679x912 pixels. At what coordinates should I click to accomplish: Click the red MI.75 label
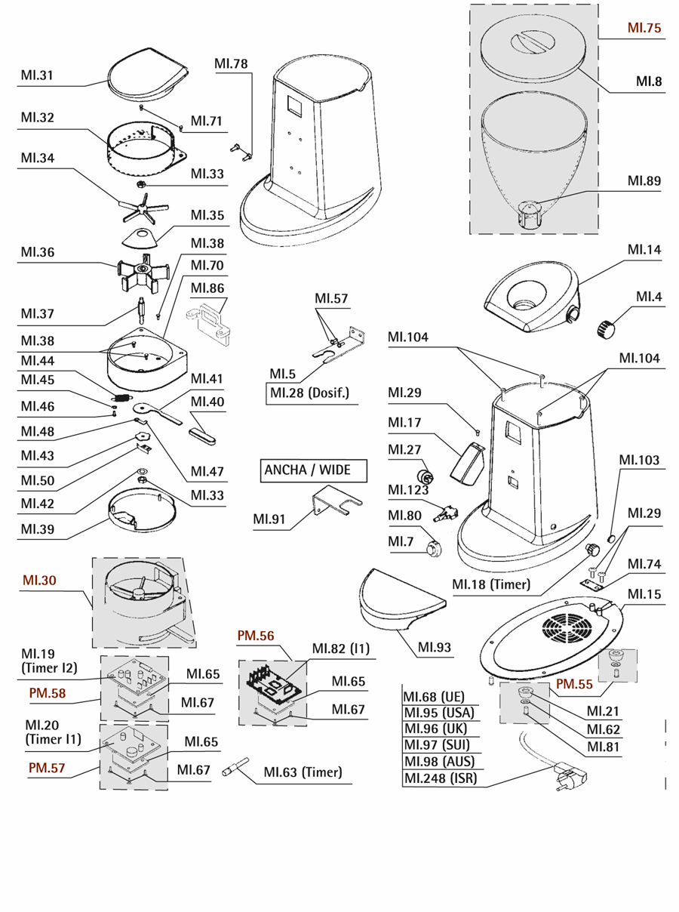(x=644, y=29)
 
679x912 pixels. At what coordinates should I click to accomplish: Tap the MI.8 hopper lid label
(x=649, y=82)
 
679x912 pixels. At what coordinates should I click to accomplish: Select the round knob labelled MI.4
(x=607, y=328)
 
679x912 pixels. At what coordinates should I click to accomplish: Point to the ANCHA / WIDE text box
(x=307, y=470)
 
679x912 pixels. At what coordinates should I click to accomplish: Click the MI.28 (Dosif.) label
(x=309, y=393)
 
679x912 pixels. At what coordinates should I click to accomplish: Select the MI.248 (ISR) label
(x=440, y=778)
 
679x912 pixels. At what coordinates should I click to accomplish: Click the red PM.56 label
(x=256, y=636)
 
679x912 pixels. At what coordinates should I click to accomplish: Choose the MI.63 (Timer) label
(x=303, y=772)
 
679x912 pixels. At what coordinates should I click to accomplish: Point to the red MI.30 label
(x=39, y=580)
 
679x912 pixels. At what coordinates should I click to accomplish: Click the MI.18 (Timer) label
(x=490, y=583)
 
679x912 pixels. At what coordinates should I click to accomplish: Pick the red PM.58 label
(x=48, y=692)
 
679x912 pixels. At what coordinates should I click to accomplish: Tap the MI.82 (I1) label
(x=340, y=649)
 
